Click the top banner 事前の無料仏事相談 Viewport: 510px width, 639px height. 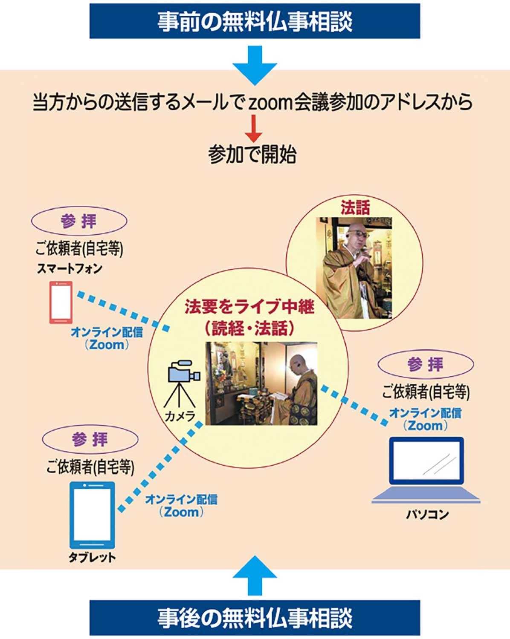point(255,21)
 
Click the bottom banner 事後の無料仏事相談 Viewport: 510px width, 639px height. point(255,618)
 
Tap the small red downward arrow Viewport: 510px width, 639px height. point(253,130)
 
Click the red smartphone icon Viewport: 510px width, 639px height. point(61,302)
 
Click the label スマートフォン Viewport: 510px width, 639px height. point(70,268)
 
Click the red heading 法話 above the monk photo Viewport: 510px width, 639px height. point(355,207)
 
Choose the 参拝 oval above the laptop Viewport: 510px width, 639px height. point(426,365)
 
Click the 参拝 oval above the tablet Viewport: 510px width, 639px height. point(90,440)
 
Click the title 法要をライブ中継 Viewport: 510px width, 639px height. point(249,306)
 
